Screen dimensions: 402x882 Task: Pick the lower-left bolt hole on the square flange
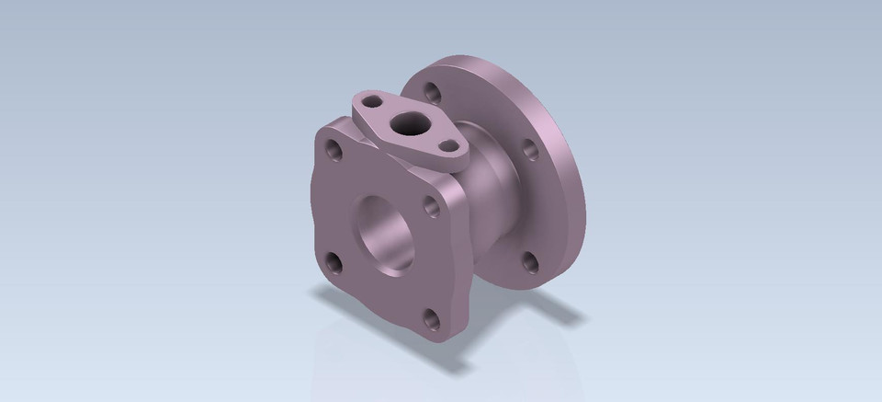click(x=334, y=265)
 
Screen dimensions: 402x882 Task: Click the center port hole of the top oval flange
click(x=404, y=123)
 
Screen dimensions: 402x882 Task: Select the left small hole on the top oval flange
click(x=371, y=98)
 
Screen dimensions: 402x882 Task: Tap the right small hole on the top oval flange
click(x=448, y=145)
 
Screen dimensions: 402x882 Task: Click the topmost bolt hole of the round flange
click(x=431, y=91)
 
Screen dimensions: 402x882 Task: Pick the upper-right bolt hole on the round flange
click(x=530, y=148)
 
